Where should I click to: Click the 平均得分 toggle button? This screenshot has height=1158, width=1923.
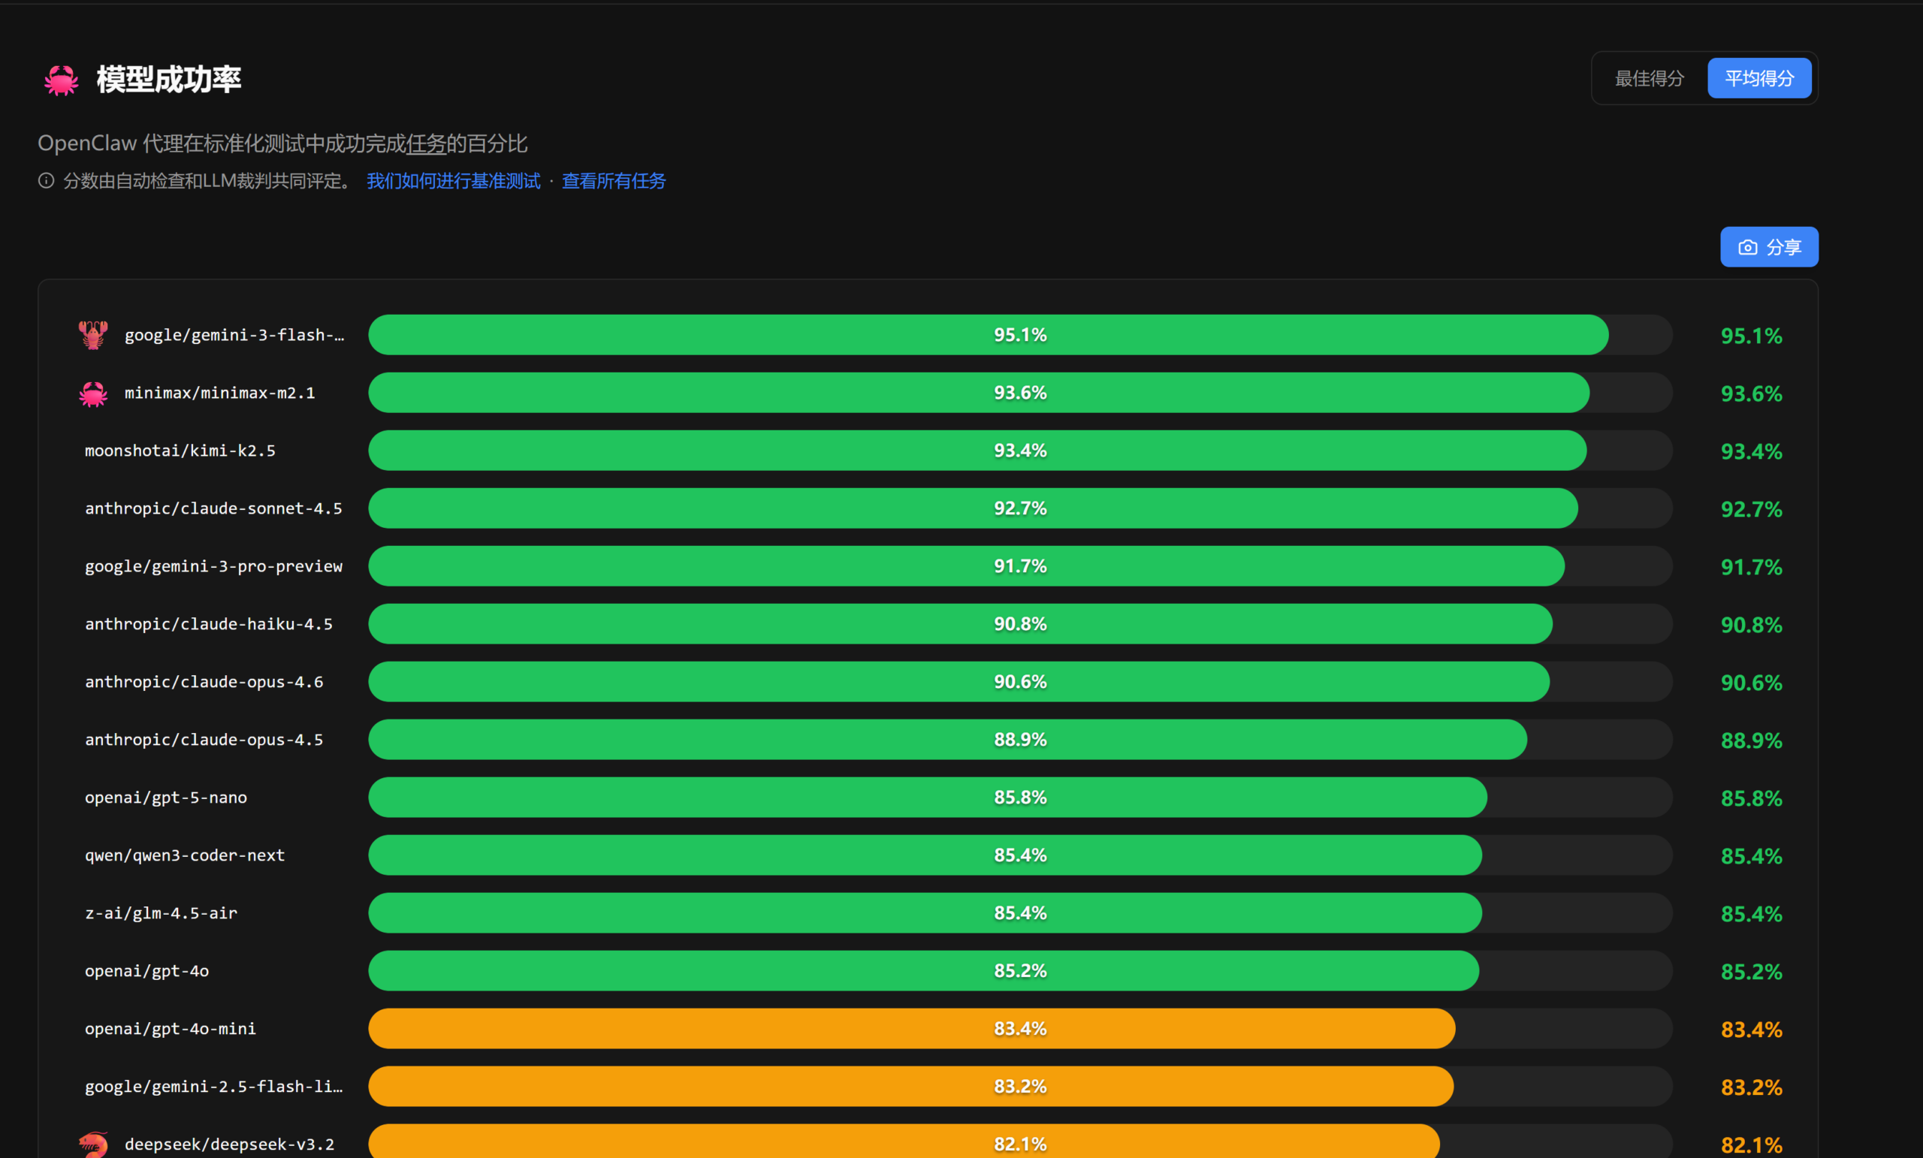(x=1758, y=78)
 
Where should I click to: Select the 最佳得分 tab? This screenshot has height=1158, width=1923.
(x=1648, y=78)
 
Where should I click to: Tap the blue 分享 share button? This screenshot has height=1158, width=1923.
(x=1768, y=247)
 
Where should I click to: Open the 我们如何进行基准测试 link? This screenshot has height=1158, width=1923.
(x=453, y=181)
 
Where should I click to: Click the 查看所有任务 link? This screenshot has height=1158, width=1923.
(x=614, y=181)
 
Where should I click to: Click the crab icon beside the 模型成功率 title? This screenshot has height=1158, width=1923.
(x=61, y=80)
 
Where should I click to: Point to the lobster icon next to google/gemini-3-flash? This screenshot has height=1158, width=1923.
(x=93, y=335)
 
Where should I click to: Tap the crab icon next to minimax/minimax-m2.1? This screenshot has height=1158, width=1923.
(x=93, y=394)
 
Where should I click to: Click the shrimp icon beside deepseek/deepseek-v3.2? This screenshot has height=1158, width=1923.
(x=93, y=1144)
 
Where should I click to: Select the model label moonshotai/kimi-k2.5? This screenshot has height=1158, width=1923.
(x=180, y=451)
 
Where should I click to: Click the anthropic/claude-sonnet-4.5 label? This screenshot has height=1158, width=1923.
(x=213, y=508)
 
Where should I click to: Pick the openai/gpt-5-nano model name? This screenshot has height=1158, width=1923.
(x=165, y=798)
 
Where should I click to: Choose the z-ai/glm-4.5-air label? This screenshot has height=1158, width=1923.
(x=161, y=913)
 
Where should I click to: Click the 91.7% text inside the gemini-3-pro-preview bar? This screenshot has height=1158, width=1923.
(x=1019, y=565)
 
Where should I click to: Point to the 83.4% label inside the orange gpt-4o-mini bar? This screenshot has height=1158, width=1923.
(x=1019, y=1029)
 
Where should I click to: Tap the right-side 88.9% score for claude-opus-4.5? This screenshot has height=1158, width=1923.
(x=1750, y=740)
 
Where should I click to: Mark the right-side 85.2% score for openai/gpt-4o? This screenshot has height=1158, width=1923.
(x=1750, y=972)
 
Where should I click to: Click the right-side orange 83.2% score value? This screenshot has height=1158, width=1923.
(x=1750, y=1087)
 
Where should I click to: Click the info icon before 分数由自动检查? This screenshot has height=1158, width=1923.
(x=46, y=181)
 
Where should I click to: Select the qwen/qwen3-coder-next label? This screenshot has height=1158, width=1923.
(x=184, y=855)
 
